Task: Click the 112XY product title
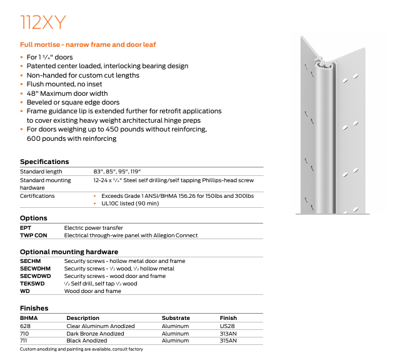coord(42,23)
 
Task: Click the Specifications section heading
coord(44,162)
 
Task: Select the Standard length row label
coord(41,172)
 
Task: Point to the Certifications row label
coord(38,196)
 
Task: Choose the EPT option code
coord(26,228)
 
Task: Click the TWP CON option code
coord(34,235)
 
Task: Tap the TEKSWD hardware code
coord(32,284)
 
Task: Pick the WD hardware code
coord(25,291)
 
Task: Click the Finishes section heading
coord(34,308)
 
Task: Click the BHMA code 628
coord(26,326)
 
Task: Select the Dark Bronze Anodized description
coord(95,334)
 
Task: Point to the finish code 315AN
coord(229,341)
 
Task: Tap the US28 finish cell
coord(227,326)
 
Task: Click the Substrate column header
coord(176,318)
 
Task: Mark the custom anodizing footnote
coord(81,349)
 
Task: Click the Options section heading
coord(34,218)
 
